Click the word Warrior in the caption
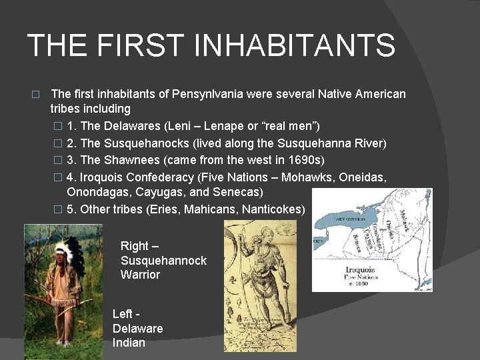[140, 275]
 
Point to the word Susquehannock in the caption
[163, 261]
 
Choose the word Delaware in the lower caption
[137, 329]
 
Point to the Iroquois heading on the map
[360, 270]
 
